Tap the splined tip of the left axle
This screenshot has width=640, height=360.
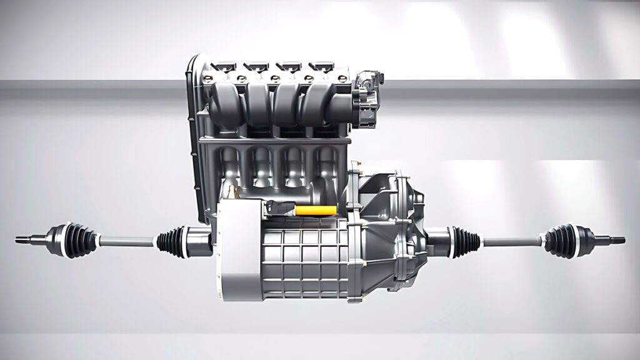(26, 238)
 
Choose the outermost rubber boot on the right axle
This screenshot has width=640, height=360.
(560, 241)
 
